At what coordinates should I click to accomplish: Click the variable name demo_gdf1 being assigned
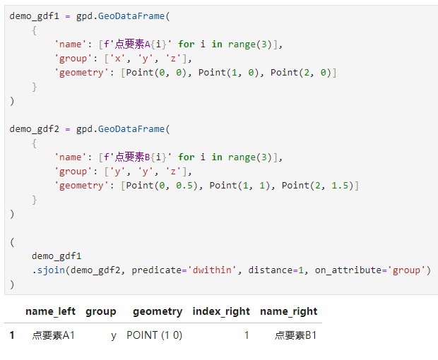click(35, 16)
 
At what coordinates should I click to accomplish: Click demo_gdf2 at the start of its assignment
click(35, 129)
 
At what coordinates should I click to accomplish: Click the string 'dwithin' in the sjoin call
click(212, 270)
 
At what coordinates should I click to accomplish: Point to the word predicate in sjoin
click(157, 270)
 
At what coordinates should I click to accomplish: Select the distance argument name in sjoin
click(271, 270)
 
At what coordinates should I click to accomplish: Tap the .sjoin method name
click(51, 270)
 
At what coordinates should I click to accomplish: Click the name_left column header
click(51, 311)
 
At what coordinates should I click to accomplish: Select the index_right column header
click(221, 311)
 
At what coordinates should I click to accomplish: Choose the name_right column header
click(289, 311)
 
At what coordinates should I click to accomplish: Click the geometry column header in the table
click(158, 312)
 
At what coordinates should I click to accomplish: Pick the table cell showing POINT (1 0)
click(155, 335)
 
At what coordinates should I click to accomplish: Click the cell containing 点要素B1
click(295, 335)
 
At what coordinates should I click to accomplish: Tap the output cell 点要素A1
click(54, 335)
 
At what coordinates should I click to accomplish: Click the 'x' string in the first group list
click(117, 59)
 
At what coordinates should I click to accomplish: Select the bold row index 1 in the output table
click(12, 335)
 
